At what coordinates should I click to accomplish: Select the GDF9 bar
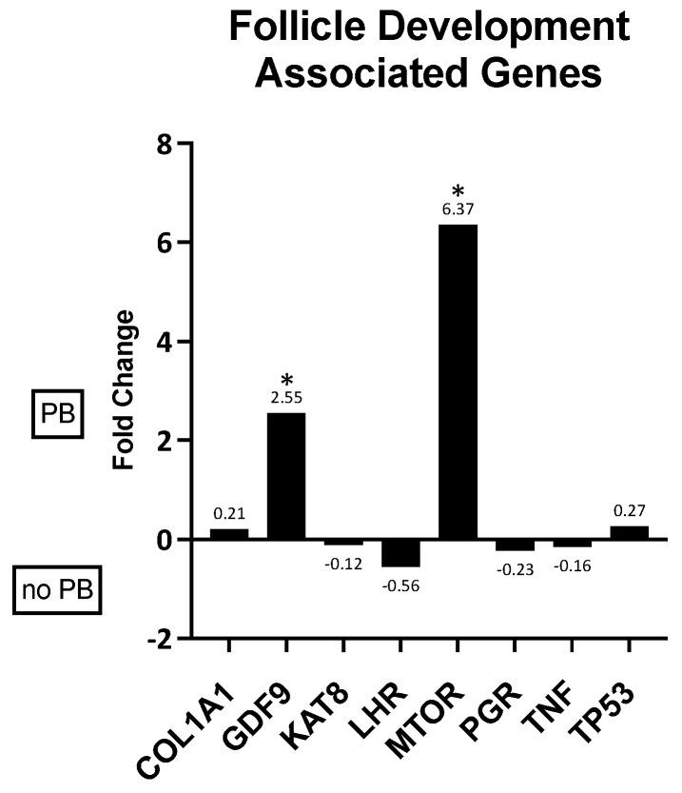(x=286, y=475)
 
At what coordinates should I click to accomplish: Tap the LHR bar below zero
(x=400, y=552)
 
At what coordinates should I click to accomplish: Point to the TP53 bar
(x=629, y=532)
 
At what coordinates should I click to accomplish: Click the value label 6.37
(x=458, y=213)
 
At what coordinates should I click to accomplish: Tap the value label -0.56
(x=400, y=585)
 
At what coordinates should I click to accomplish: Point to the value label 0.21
(x=229, y=514)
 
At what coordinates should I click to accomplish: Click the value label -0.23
(x=515, y=568)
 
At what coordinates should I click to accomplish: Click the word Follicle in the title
(x=302, y=28)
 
